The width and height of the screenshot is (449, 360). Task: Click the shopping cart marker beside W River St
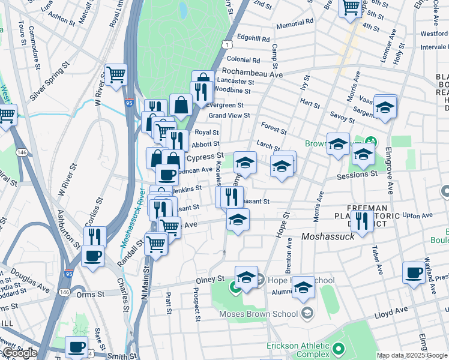tap(116, 74)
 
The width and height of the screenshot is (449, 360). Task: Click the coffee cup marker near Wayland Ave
tap(414, 272)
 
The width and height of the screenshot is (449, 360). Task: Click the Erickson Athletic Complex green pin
tap(339, 349)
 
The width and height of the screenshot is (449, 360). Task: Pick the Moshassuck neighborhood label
tap(328, 236)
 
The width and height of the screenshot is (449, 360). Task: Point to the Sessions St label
tap(357, 175)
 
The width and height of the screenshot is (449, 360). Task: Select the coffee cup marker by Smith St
tap(77, 347)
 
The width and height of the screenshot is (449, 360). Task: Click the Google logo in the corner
tap(19, 353)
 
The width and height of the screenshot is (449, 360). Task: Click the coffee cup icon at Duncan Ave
tap(167, 175)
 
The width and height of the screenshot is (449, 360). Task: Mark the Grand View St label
tap(229, 115)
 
